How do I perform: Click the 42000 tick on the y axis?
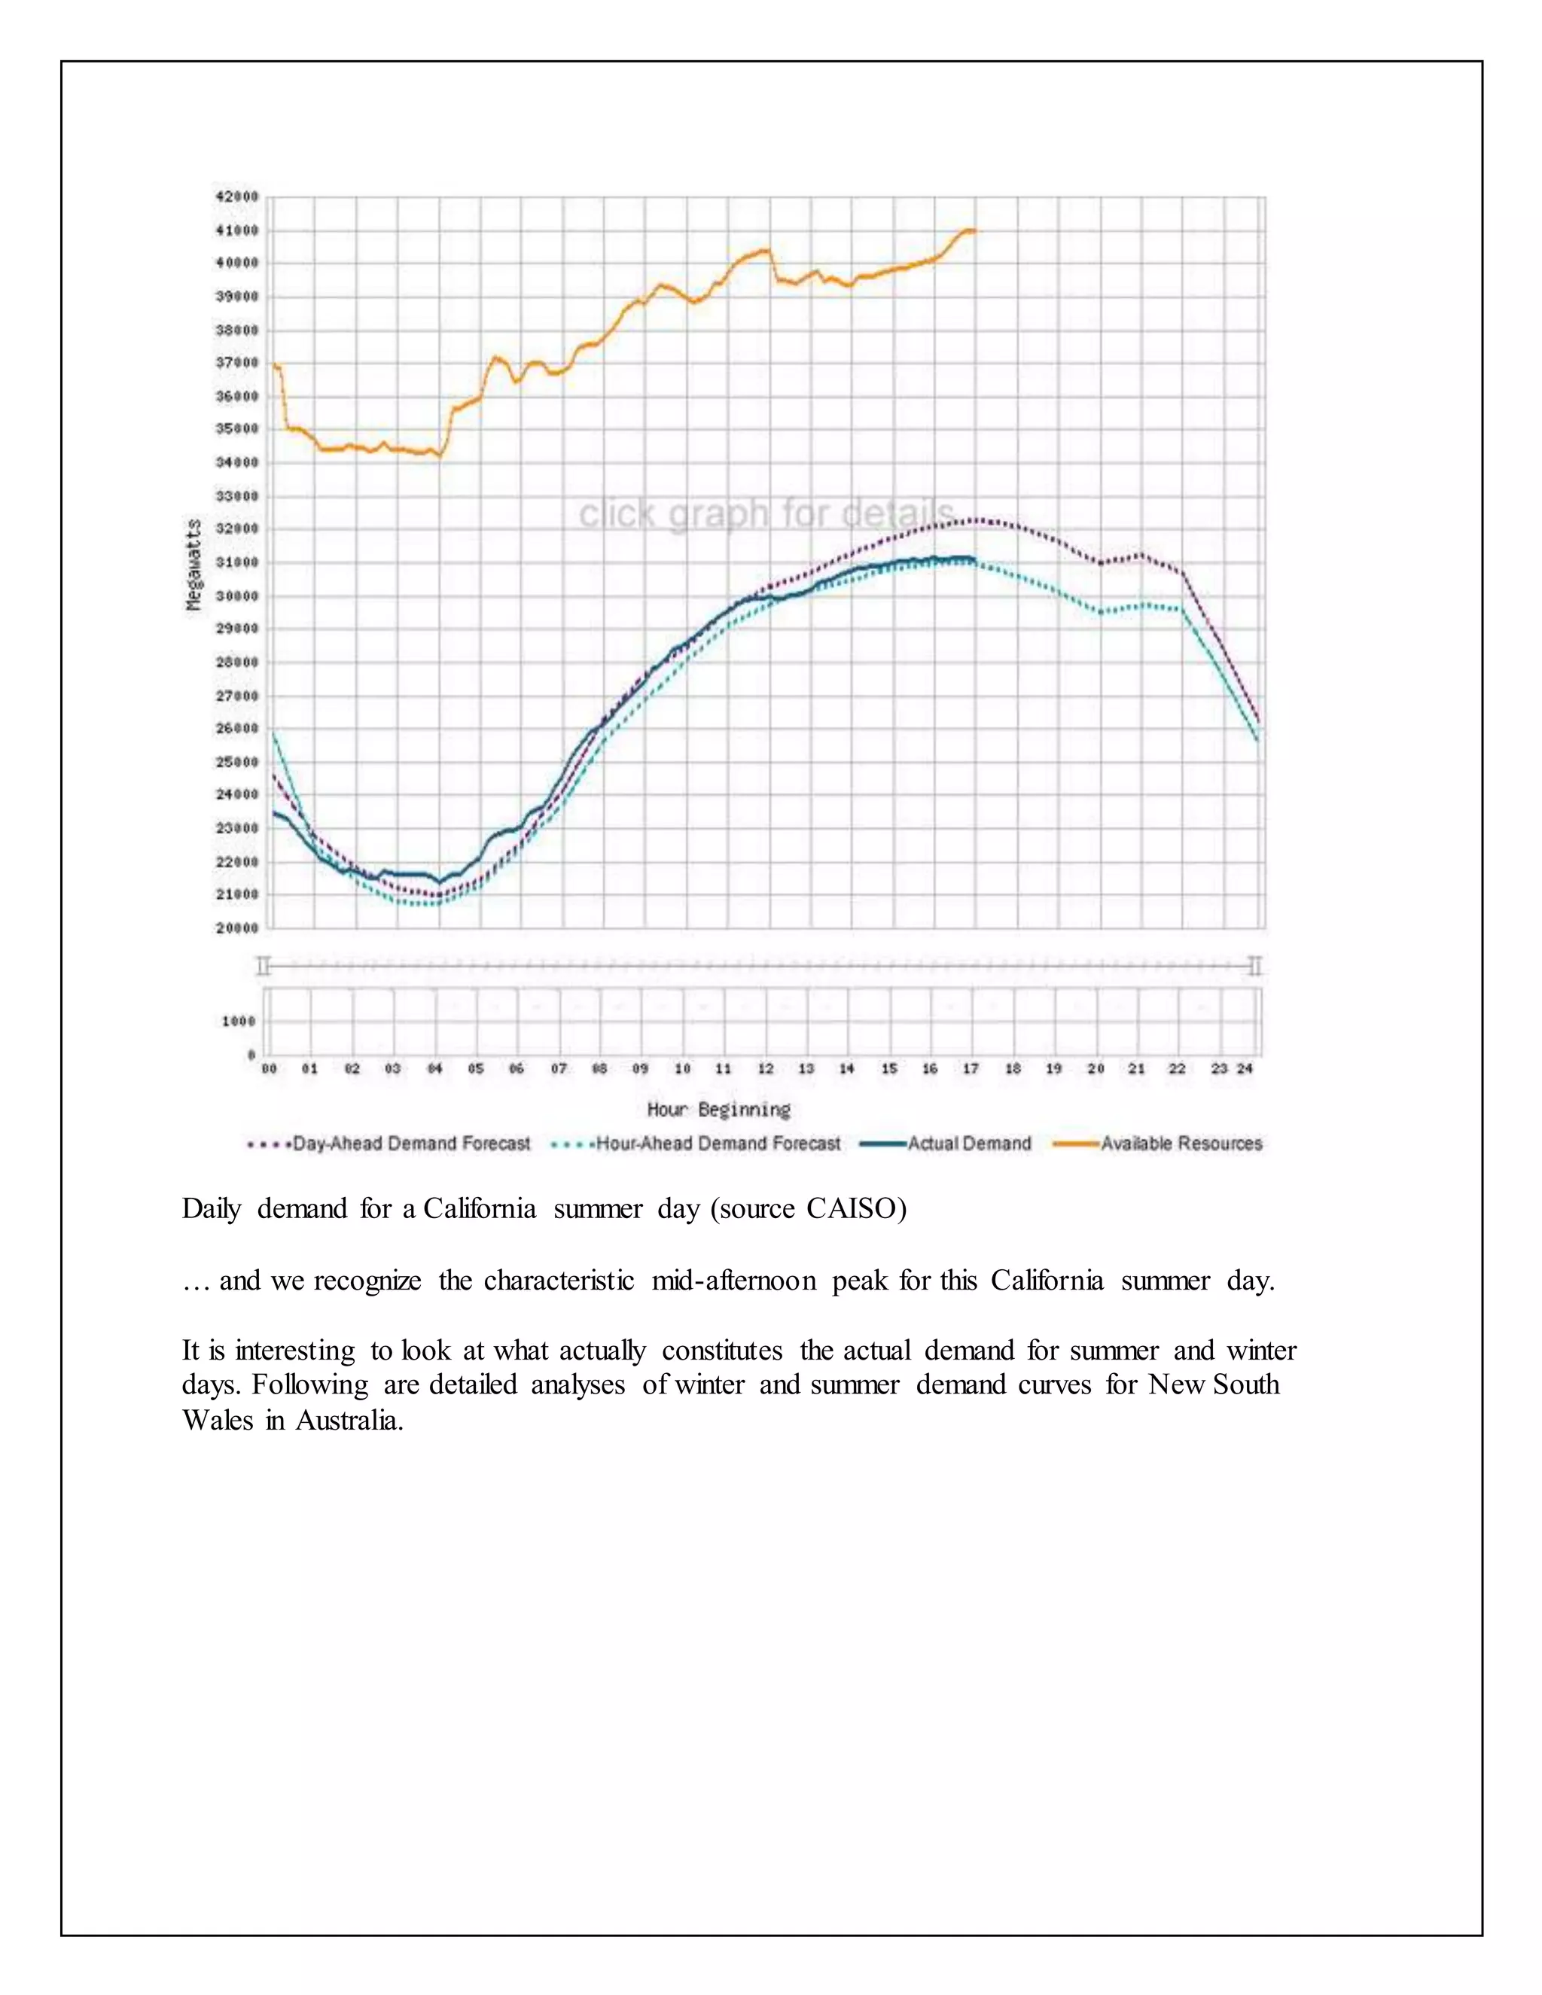(x=236, y=196)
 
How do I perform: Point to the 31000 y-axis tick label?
(x=236, y=562)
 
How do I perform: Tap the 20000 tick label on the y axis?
(x=236, y=928)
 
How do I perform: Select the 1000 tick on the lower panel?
(x=239, y=1022)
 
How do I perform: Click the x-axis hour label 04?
(x=435, y=1069)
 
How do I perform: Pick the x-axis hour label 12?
(x=766, y=1069)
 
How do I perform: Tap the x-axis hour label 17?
(x=971, y=1069)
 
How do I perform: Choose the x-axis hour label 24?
(x=1244, y=1069)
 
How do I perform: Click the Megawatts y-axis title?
(x=193, y=565)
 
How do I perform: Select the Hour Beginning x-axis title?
(x=719, y=1110)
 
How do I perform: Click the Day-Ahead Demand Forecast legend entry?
(x=411, y=1144)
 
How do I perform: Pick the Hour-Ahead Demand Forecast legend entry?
(x=718, y=1144)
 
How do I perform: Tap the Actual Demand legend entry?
(x=968, y=1144)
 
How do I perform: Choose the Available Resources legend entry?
(x=1181, y=1144)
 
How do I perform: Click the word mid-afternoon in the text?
(x=733, y=1281)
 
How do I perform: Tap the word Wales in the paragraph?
(x=218, y=1421)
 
